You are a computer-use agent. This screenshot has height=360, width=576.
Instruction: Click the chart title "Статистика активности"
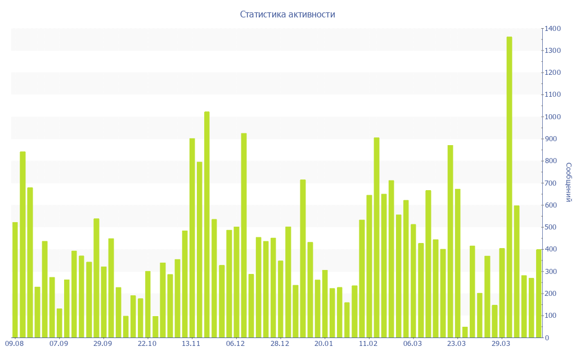[x=287, y=15]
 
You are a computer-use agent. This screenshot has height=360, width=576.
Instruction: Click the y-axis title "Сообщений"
[x=569, y=182]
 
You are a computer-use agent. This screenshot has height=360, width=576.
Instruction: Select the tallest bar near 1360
[x=509, y=187]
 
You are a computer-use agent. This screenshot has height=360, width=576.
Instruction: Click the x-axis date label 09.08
[x=14, y=344]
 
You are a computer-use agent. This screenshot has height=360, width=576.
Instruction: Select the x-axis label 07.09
[x=58, y=344]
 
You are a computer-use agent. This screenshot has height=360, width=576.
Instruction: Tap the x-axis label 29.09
[x=103, y=344]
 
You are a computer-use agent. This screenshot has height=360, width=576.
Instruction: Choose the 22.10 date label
[x=147, y=344]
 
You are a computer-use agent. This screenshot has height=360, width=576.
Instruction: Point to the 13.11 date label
[x=191, y=344]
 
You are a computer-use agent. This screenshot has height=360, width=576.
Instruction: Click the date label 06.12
[x=236, y=344]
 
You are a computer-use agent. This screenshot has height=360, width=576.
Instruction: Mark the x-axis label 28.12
[x=280, y=344]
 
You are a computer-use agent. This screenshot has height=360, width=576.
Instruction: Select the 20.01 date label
[x=324, y=344]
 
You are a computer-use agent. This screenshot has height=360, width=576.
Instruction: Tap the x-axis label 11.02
[x=368, y=344]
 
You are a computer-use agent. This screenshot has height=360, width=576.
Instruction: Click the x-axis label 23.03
[x=456, y=344]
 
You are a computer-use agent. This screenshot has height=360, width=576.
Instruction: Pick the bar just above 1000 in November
[x=207, y=224]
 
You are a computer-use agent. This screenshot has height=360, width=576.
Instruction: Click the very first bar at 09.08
[x=15, y=280]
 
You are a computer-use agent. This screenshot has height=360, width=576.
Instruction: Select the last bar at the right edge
[x=538, y=293]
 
